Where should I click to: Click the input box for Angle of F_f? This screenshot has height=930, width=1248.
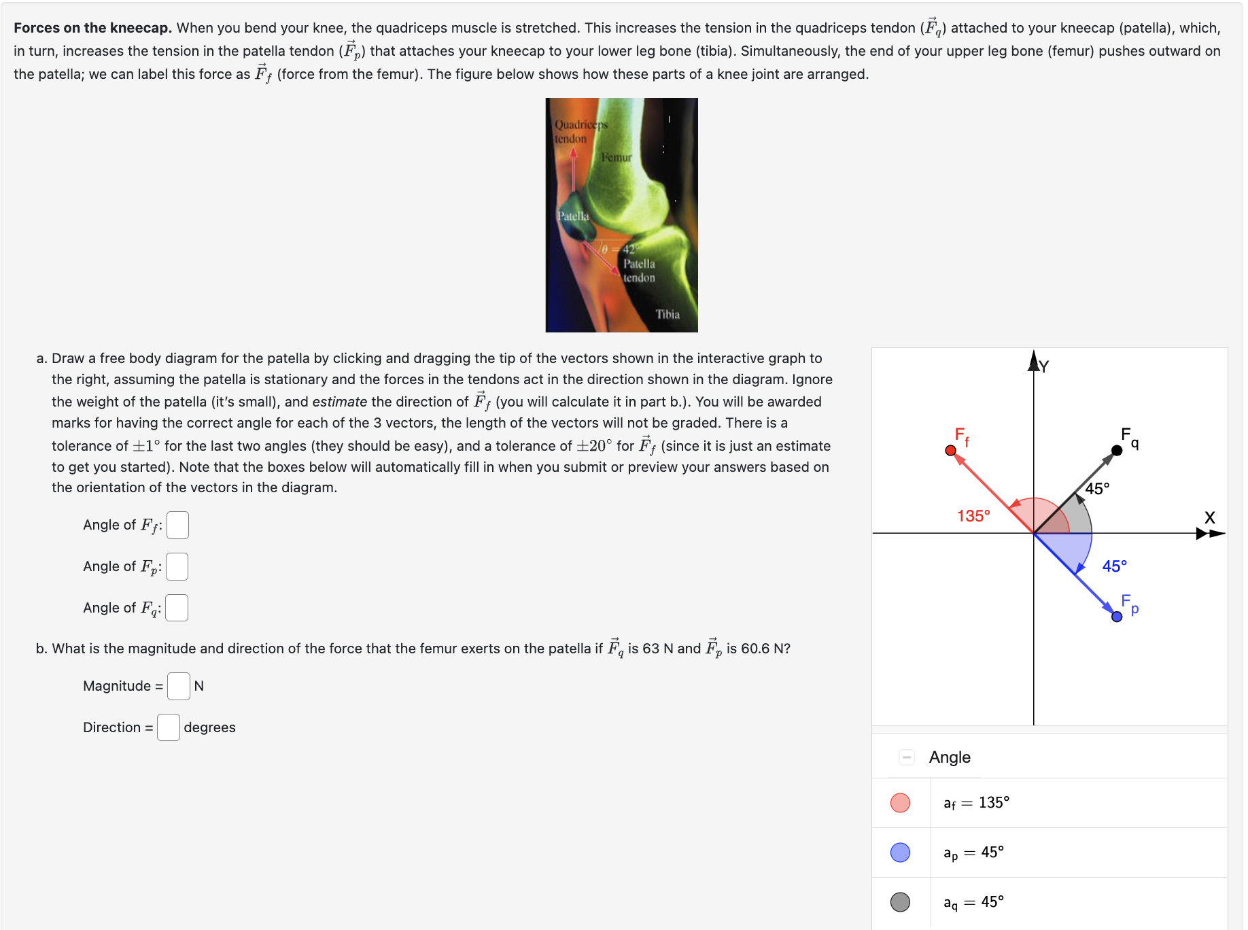177,526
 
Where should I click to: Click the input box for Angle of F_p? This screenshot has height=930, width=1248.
177,567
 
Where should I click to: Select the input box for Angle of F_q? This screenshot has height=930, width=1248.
177,608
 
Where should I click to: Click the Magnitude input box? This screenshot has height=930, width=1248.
179,687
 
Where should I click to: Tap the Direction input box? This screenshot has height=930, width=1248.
169,728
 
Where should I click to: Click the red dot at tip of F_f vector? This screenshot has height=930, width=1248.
950,451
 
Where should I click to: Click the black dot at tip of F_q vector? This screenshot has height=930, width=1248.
1117,451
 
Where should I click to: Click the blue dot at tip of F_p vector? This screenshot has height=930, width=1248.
1117,617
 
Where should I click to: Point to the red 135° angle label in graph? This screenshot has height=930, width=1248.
973,517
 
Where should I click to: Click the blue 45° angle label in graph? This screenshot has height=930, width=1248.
1114,566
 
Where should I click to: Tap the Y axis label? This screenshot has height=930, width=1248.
1044,367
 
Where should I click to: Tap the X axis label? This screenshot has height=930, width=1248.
1209,518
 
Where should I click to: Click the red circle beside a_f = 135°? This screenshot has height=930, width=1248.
900,803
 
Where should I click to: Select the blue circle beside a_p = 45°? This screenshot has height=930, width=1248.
900,852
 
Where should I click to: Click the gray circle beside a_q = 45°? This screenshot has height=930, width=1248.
900,902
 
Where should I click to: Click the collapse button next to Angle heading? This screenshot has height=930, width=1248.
906,757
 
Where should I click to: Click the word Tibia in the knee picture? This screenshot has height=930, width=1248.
668,314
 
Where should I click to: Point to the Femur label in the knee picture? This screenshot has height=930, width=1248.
617,158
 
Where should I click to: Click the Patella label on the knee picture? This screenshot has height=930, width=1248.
573,216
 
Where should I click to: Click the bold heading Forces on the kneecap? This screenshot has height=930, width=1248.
92,28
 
